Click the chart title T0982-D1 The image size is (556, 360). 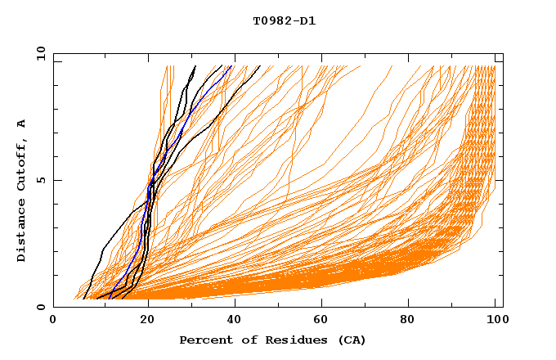point(284,21)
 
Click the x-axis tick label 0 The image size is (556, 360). point(53,321)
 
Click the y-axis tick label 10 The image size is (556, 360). point(40,53)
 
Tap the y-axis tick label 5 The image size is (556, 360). point(43,180)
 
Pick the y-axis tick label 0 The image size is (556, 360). point(43,307)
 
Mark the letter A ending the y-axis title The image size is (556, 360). point(22,124)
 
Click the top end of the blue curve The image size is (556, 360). point(231,66)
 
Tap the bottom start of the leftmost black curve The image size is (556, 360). point(83,299)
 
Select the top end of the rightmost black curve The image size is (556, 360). point(260,66)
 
